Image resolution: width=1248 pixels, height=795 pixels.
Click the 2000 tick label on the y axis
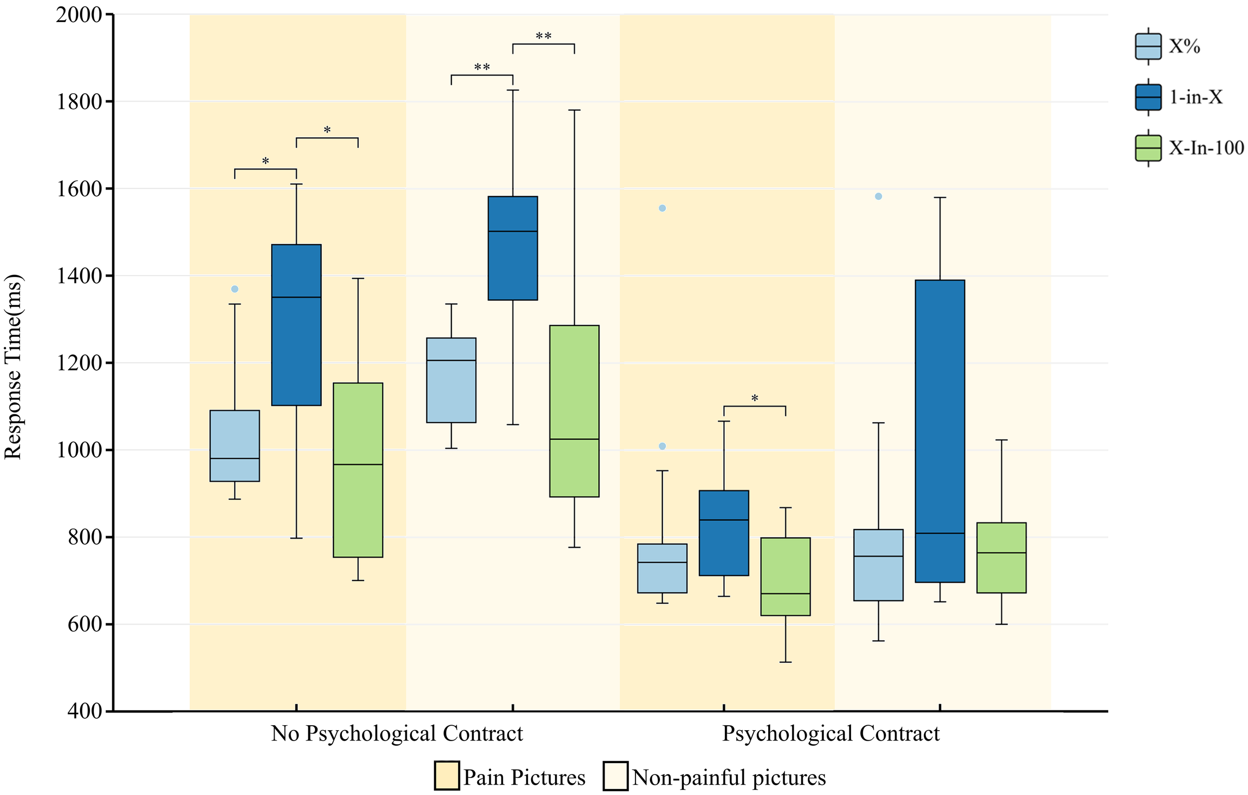point(79,14)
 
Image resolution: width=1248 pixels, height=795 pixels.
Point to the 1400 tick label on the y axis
point(79,275)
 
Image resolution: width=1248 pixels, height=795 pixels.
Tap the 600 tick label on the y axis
point(84,624)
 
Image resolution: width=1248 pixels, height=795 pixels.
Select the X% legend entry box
point(1148,46)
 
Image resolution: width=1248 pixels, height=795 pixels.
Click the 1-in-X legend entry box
point(1148,97)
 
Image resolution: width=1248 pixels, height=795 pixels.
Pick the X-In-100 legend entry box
point(1148,148)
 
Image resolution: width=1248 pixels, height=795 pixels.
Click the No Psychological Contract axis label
point(397,733)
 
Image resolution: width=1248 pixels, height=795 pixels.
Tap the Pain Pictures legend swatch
point(446,776)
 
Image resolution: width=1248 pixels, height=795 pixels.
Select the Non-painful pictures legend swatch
point(615,776)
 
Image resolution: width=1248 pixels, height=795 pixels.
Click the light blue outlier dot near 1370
point(235,289)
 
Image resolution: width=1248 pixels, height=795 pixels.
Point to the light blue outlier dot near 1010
point(662,446)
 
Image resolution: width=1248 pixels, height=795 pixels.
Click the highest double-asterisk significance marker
point(543,36)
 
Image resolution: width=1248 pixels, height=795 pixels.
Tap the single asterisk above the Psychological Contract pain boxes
point(755,399)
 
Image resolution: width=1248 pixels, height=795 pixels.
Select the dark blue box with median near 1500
point(513,248)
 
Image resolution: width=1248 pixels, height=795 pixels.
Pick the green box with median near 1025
point(574,411)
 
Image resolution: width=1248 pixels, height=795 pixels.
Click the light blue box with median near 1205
point(451,380)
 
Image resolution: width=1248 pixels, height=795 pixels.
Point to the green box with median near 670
point(785,576)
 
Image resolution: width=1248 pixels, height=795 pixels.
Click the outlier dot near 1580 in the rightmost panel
point(879,197)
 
